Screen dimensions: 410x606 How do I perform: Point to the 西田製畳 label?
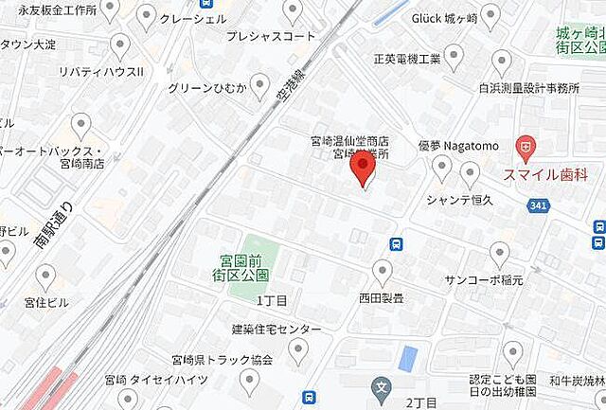click(x=382, y=297)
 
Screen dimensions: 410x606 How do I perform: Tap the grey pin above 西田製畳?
click(x=382, y=272)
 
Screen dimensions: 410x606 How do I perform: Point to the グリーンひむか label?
click(x=205, y=88)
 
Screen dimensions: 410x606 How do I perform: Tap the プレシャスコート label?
click(x=271, y=37)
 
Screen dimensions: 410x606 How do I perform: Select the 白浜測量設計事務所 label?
click(x=528, y=88)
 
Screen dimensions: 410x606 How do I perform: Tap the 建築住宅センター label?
click(x=276, y=329)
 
